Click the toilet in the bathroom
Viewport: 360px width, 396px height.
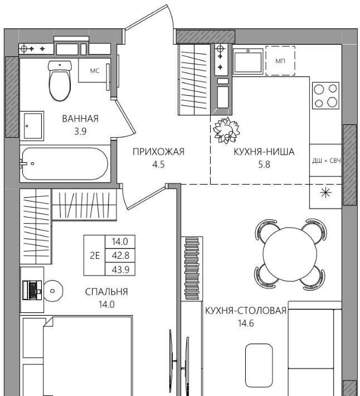click(60, 80)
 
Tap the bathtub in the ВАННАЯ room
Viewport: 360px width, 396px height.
click(65, 163)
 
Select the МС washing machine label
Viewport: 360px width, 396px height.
click(95, 71)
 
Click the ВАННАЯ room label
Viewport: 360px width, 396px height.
click(80, 118)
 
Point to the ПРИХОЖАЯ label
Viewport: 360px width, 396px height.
click(158, 152)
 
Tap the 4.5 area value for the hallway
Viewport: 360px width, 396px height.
click(158, 165)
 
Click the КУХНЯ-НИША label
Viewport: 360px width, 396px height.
click(264, 152)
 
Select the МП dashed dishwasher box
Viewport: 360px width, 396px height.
click(280, 61)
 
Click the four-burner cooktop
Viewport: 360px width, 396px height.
click(325, 95)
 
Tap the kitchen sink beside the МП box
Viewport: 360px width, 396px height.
click(248, 61)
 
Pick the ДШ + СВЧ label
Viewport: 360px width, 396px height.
click(327, 161)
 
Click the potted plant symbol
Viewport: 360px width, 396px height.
click(226, 131)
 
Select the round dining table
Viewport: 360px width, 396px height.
click(290, 253)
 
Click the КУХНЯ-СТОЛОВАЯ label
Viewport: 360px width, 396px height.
click(246, 310)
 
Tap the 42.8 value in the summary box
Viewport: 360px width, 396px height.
click(120, 255)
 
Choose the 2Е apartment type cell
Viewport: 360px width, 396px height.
click(95, 255)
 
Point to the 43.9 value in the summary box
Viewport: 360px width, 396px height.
click(120, 270)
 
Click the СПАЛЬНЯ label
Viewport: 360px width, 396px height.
click(106, 292)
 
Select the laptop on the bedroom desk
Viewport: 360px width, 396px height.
click(32, 290)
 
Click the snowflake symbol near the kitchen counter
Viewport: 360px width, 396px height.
click(325, 193)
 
